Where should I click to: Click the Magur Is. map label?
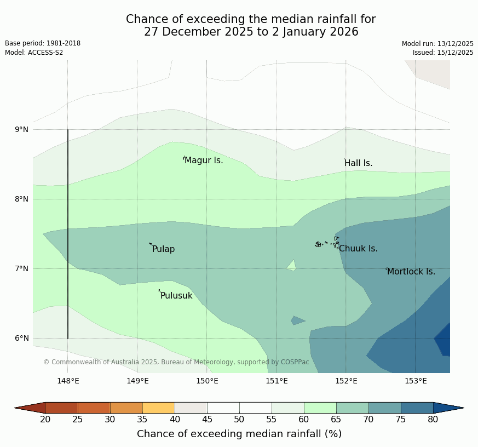[x=204, y=161]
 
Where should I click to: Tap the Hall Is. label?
[x=358, y=163]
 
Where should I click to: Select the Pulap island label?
[x=163, y=249]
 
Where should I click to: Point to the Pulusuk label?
[x=176, y=296]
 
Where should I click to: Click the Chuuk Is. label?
[x=358, y=249]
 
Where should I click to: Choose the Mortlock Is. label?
[x=411, y=272]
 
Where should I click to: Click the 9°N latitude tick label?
[x=22, y=130]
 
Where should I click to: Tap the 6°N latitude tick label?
[x=22, y=338]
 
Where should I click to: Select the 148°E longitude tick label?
[x=68, y=381]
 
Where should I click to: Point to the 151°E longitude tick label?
[x=277, y=381]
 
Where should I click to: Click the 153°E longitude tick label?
[x=416, y=381]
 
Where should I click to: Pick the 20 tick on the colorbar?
[x=45, y=420]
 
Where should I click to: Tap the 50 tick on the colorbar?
[x=239, y=420]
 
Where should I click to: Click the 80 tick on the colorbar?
[x=433, y=420]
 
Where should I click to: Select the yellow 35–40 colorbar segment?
[x=158, y=408]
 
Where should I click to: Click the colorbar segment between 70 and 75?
[x=384, y=408]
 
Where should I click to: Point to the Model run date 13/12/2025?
[x=437, y=44]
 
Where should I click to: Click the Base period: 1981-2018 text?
[x=43, y=43]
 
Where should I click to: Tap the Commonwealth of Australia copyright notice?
[x=176, y=362]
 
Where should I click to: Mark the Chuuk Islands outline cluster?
[x=327, y=243]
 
